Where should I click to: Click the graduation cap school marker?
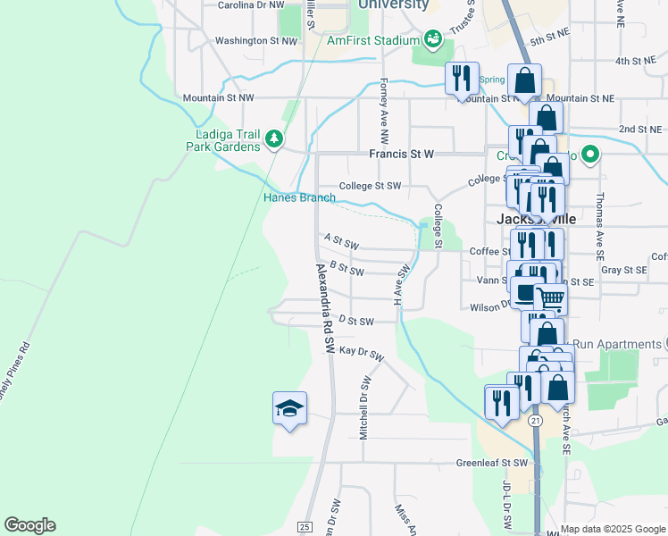point(289,409)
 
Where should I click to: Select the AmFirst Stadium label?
point(373,40)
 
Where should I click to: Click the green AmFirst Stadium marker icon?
point(432,38)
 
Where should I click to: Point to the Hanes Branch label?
point(299,197)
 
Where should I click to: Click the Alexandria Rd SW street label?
point(323,306)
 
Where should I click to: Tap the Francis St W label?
point(401,154)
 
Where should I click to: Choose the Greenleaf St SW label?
point(492,464)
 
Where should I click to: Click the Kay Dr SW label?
point(361,353)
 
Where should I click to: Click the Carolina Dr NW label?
point(257,4)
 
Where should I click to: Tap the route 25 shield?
point(305,526)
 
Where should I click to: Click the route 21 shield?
point(535,419)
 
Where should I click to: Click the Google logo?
point(29,525)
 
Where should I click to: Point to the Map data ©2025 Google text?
point(614,529)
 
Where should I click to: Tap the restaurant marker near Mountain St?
point(462,78)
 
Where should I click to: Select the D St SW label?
point(355,320)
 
